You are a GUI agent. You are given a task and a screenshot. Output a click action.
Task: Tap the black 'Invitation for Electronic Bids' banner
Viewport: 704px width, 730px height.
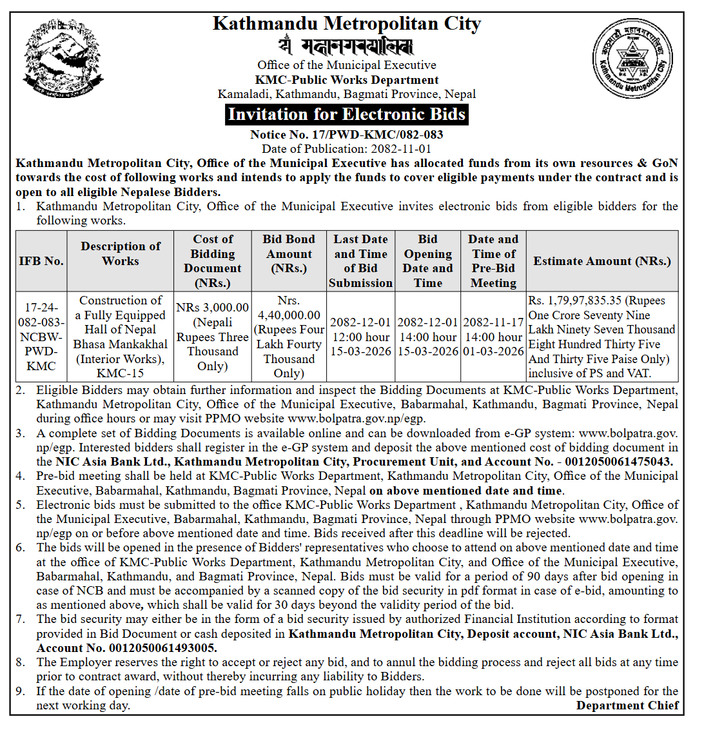(347, 115)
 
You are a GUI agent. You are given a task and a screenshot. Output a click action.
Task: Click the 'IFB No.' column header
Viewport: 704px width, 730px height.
(41, 261)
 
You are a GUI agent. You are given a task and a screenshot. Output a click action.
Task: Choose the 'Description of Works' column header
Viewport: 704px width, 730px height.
(121, 253)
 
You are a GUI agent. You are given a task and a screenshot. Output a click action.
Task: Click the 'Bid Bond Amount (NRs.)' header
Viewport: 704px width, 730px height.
(289, 253)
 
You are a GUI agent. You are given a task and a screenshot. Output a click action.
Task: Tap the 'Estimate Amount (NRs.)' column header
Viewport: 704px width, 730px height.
(602, 261)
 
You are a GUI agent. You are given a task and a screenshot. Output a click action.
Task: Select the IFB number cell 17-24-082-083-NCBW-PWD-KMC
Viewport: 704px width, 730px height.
(41, 337)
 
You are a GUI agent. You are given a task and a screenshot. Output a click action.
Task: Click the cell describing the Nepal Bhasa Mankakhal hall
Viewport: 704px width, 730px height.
(121, 337)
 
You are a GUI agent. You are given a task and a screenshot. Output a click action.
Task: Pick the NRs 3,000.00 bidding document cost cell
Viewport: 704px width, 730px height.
(213, 308)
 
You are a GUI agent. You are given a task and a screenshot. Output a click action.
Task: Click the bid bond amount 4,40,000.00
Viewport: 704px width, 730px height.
(289, 315)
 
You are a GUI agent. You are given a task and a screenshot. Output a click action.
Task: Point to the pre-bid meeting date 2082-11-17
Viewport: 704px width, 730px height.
(493, 322)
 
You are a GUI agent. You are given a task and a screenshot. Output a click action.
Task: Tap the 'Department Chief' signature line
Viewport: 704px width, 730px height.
(627, 705)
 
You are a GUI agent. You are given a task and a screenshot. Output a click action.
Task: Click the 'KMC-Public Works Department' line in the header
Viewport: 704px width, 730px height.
(347, 80)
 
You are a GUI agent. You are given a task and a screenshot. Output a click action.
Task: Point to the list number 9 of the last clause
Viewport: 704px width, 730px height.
(21, 691)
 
